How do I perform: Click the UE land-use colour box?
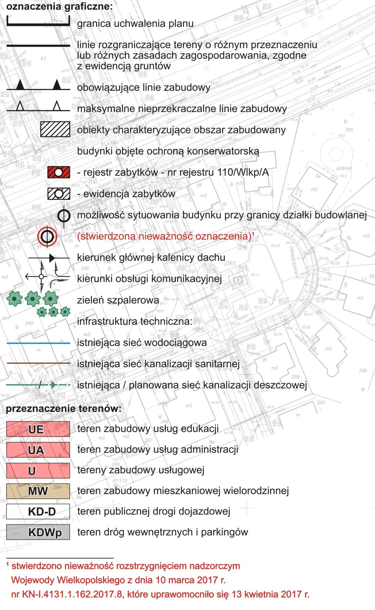(38, 429)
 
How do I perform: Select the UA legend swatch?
(38, 450)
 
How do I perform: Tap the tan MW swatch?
(38, 491)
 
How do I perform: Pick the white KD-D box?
(38, 511)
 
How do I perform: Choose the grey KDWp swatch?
(38, 532)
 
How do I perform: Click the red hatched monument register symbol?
(59, 172)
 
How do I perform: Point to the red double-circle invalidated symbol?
(47, 236)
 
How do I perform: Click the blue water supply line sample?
(38, 343)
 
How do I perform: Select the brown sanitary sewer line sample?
(38, 364)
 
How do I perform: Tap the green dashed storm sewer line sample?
(38, 385)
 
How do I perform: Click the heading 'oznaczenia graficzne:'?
(59, 6)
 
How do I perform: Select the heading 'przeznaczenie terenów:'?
(63, 408)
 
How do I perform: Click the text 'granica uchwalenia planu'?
(135, 24)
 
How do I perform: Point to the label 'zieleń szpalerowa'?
(118, 300)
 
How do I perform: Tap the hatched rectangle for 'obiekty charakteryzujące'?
(55, 130)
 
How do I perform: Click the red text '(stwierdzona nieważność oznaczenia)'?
(164, 236)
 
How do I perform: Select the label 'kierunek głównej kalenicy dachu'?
(151, 257)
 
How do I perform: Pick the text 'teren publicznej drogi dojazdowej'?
(154, 511)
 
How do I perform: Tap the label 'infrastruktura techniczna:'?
(135, 321)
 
